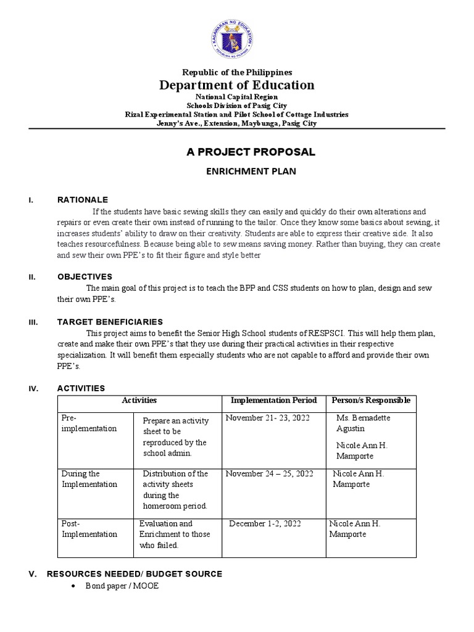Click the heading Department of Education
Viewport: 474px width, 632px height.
tap(237, 85)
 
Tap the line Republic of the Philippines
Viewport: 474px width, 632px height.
tap(237, 72)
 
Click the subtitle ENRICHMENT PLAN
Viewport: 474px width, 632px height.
tap(251, 172)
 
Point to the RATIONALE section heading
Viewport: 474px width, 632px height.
tap(82, 200)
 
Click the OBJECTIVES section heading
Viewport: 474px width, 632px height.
tap(85, 276)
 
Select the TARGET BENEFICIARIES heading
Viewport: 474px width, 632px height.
tap(110, 322)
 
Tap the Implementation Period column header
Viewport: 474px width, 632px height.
tap(273, 401)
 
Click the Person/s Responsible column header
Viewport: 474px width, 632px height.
tap(371, 401)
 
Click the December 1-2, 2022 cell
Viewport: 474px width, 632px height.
tap(265, 524)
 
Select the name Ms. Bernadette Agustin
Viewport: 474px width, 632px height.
tap(362, 423)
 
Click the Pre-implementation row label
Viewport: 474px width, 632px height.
tap(89, 423)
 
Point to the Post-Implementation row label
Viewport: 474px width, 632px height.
tap(89, 529)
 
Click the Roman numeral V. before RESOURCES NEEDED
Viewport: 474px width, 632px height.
tap(33, 574)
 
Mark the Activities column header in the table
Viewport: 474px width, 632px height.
tap(139, 401)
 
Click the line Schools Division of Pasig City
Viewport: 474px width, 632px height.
tap(237, 106)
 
